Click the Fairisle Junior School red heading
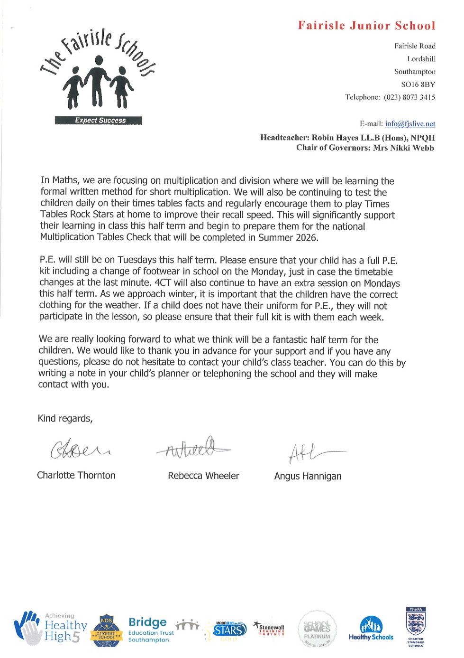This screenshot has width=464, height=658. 366,26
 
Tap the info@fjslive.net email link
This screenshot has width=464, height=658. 410,124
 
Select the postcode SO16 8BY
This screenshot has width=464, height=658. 418,85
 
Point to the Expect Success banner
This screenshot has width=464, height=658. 99,121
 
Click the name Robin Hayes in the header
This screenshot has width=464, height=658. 334,138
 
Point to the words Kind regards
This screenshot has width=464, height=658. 65,419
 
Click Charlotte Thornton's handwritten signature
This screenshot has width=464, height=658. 80,449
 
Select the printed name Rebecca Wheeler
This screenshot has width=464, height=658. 203,476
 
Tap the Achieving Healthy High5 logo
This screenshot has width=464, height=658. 51,629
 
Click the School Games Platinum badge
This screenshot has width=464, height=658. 317,630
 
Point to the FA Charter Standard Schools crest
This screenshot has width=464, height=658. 415,627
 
